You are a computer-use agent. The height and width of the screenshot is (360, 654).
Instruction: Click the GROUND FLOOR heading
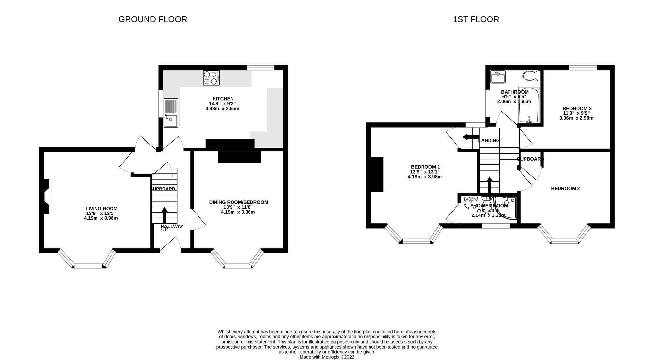[x=153, y=19]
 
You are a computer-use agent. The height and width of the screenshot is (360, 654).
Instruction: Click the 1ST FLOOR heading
[x=476, y=19]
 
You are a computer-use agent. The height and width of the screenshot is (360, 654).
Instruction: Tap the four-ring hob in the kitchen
[x=211, y=78]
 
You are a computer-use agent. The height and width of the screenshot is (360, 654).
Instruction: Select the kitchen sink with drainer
[x=171, y=113]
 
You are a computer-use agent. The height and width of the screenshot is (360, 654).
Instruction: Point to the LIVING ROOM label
[x=101, y=209]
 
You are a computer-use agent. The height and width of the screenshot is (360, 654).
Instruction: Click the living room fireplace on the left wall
[x=47, y=197]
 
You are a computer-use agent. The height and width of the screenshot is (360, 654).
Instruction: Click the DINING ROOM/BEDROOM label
[x=238, y=202]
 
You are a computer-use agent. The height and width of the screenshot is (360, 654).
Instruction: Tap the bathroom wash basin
[x=498, y=77]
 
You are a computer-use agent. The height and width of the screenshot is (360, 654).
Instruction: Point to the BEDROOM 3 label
[x=577, y=109]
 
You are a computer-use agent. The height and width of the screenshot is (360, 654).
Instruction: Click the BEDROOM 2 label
[x=565, y=189]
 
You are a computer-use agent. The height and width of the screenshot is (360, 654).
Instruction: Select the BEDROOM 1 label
[x=425, y=167]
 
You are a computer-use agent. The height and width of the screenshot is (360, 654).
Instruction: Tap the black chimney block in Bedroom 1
[x=377, y=175]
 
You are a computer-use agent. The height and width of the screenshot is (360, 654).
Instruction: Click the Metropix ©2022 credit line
[x=327, y=357]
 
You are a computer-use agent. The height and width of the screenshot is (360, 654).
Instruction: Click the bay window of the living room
[x=88, y=266]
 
